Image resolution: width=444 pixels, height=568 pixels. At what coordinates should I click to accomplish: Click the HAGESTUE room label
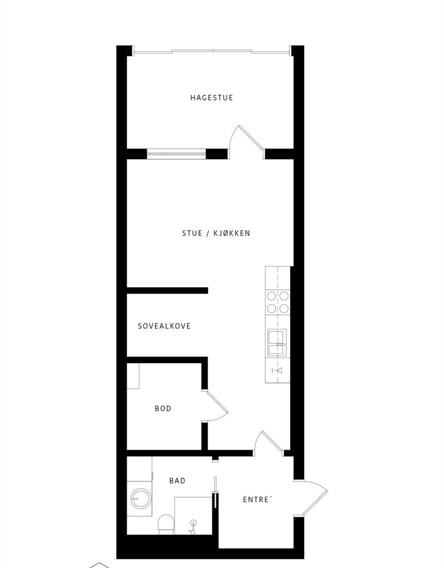pyautogui.click(x=211, y=98)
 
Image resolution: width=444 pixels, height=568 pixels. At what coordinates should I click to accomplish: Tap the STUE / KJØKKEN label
pyautogui.click(x=216, y=233)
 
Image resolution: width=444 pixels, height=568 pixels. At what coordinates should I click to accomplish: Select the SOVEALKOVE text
pyautogui.click(x=164, y=326)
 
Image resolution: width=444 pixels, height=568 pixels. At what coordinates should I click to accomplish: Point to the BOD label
pyautogui.click(x=163, y=408)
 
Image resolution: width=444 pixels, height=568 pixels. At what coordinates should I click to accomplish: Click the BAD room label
pyautogui.click(x=177, y=481)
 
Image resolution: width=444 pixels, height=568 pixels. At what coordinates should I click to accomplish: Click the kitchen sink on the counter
pyautogui.click(x=277, y=343)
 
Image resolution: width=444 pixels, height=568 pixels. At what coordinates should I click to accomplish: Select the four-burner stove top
pyautogui.click(x=278, y=302)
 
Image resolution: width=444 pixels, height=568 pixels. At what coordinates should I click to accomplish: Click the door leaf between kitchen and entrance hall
pyautogui.click(x=272, y=441)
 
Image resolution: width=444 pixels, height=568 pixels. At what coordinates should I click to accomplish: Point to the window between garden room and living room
pyautogui.click(x=176, y=154)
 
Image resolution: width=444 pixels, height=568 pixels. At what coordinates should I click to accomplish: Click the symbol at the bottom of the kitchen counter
pyautogui.click(x=277, y=370)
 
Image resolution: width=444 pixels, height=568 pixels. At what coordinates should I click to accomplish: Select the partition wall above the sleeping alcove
pyautogui.click(x=167, y=291)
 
